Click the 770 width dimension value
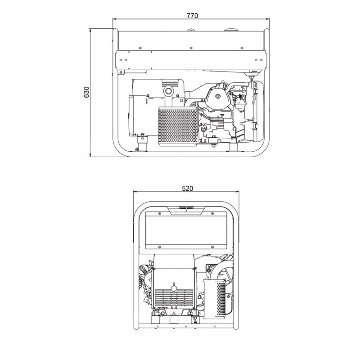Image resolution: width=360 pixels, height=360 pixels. [192, 16]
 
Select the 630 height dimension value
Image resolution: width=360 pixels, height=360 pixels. [86, 92]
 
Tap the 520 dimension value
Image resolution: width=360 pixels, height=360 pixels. [188, 188]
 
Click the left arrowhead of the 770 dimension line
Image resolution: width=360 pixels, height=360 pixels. [115, 19]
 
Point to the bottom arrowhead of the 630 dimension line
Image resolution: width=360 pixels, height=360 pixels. [90, 155]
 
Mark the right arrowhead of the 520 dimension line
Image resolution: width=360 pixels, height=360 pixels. [237, 192]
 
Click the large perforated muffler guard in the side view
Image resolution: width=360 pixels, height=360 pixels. [178, 126]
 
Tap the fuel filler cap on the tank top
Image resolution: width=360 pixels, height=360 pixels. [231, 30]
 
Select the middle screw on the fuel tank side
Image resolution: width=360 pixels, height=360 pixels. [191, 48]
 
